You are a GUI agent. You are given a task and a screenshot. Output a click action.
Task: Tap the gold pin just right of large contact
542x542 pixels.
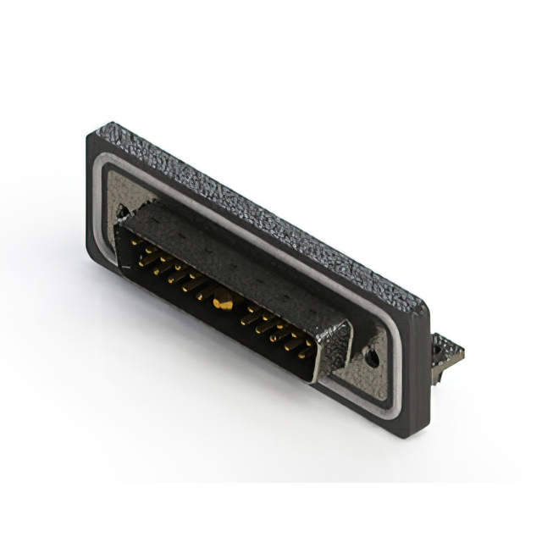pos(246,317)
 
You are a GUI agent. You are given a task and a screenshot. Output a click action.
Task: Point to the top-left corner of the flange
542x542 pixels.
pos(95,132)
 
